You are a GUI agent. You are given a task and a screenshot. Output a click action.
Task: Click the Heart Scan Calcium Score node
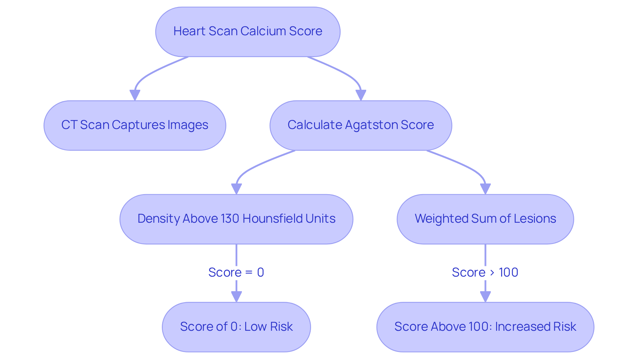pyautogui.click(x=248, y=32)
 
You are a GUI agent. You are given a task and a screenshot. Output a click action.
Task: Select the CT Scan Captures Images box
pyautogui.click(x=135, y=125)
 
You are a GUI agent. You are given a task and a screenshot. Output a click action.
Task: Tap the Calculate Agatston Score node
pyautogui.click(x=361, y=125)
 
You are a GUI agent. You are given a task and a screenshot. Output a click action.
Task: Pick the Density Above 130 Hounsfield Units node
pyautogui.click(x=236, y=219)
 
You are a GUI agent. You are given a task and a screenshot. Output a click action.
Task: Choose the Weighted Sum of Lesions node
pyautogui.click(x=485, y=219)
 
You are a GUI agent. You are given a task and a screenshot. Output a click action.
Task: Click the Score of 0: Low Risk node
pyautogui.click(x=236, y=327)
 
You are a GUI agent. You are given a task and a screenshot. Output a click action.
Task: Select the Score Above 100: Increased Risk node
pyautogui.click(x=485, y=327)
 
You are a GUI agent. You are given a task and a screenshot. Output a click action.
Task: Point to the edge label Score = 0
pyautogui.click(x=236, y=272)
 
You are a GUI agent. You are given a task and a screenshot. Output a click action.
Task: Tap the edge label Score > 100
pyautogui.click(x=485, y=272)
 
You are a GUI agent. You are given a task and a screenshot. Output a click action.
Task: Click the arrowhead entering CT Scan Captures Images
pyautogui.click(x=135, y=95)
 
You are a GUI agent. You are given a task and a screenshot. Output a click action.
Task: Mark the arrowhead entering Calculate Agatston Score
pyautogui.click(x=361, y=95)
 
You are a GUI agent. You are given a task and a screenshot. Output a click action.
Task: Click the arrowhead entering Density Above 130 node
pyautogui.click(x=236, y=189)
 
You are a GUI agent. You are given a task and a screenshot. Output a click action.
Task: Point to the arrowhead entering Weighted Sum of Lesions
pyautogui.click(x=485, y=189)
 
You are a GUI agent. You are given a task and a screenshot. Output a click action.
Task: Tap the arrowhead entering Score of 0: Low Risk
pyautogui.click(x=236, y=297)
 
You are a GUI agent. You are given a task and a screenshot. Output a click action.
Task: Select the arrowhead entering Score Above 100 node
pyautogui.click(x=485, y=297)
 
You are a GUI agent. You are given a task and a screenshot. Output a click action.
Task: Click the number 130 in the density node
pyautogui.click(x=230, y=219)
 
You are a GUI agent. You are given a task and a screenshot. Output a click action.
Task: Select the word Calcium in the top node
pyautogui.click(x=263, y=31)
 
